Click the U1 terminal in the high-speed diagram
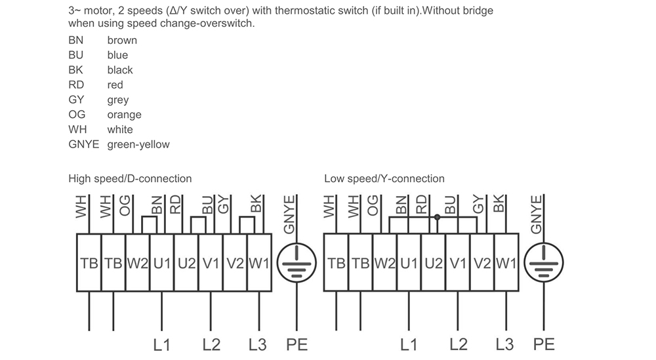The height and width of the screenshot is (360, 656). pyautogui.click(x=162, y=263)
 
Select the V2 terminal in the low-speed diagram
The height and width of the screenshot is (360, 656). pyautogui.click(x=482, y=263)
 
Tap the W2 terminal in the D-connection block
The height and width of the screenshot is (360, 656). pyautogui.click(x=138, y=263)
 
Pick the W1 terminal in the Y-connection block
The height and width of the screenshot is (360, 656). pyautogui.click(x=506, y=263)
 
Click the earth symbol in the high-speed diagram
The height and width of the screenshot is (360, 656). pyautogui.click(x=297, y=263)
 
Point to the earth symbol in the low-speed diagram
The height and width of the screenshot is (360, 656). pyautogui.click(x=543, y=263)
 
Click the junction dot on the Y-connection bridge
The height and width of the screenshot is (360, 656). pyautogui.click(x=437, y=218)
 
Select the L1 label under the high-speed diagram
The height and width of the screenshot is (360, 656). pyautogui.click(x=161, y=344)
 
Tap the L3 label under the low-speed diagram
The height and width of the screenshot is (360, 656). pyautogui.click(x=504, y=344)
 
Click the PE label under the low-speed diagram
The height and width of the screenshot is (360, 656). pyautogui.click(x=544, y=344)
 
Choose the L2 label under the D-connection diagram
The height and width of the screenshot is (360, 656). pyautogui.click(x=211, y=344)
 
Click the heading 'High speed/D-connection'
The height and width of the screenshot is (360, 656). pyautogui.click(x=130, y=178)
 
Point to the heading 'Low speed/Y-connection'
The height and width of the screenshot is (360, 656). pyautogui.click(x=384, y=178)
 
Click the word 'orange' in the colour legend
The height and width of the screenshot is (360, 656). pyautogui.click(x=124, y=115)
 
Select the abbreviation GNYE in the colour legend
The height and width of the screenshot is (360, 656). pyautogui.click(x=84, y=144)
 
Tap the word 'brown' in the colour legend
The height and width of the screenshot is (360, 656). pyautogui.click(x=122, y=40)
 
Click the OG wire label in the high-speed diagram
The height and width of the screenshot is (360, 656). pyautogui.click(x=125, y=206)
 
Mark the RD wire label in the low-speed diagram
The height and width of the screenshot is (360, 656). pyautogui.click(x=422, y=205)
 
